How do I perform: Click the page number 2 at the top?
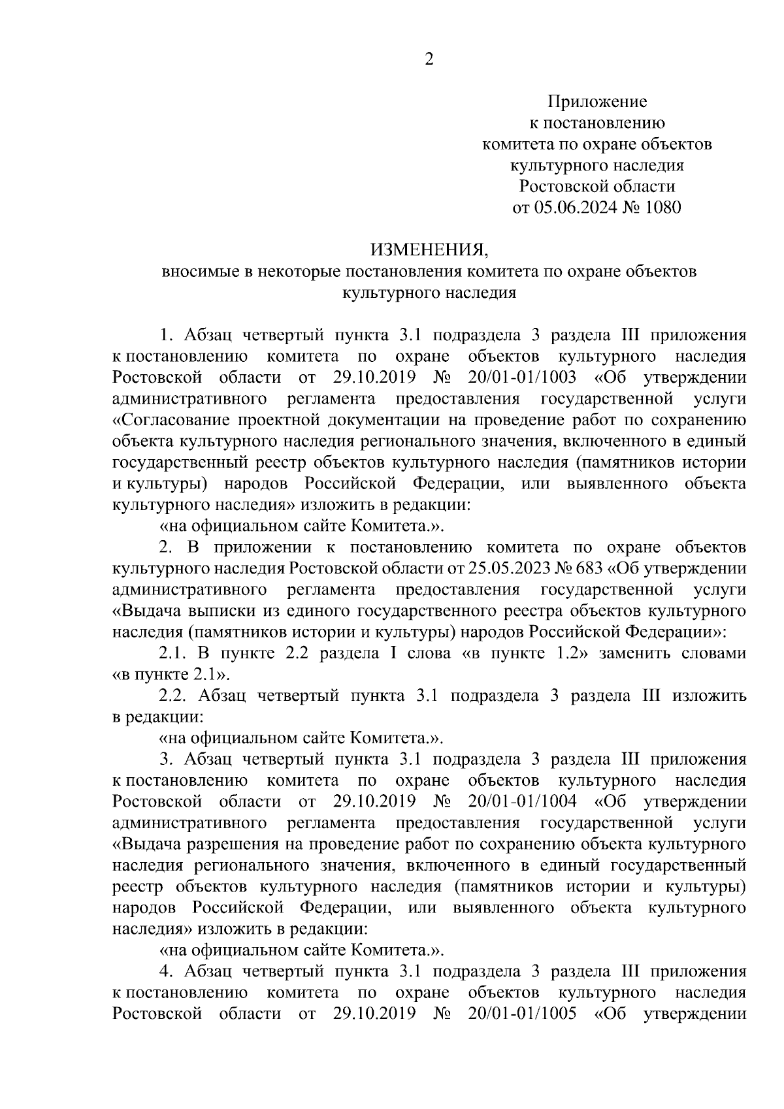(429, 59)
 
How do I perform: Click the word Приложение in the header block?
(596, 102)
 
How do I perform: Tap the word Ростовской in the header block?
(560, 187)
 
